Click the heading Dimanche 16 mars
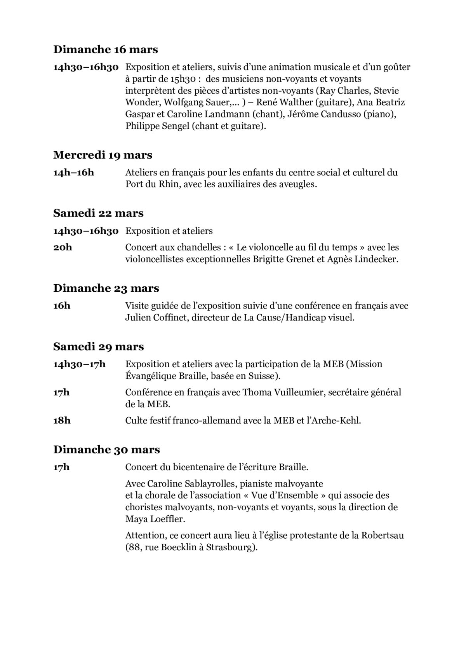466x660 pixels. tap(106, 50)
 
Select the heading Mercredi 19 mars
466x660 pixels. tap(103, 155)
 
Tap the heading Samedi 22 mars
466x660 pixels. tap(98, 213)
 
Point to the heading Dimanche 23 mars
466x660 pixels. tap(106, 288)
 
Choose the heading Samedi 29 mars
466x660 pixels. tap(98, 347)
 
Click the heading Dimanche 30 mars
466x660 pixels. tap(106, 450)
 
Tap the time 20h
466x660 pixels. tap(63, 247)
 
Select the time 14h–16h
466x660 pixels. tap(73, 172)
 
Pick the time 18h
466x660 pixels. tap(62, 420)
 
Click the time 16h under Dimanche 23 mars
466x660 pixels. tap(62, 306)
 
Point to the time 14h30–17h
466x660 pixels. tap(79, 364)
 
